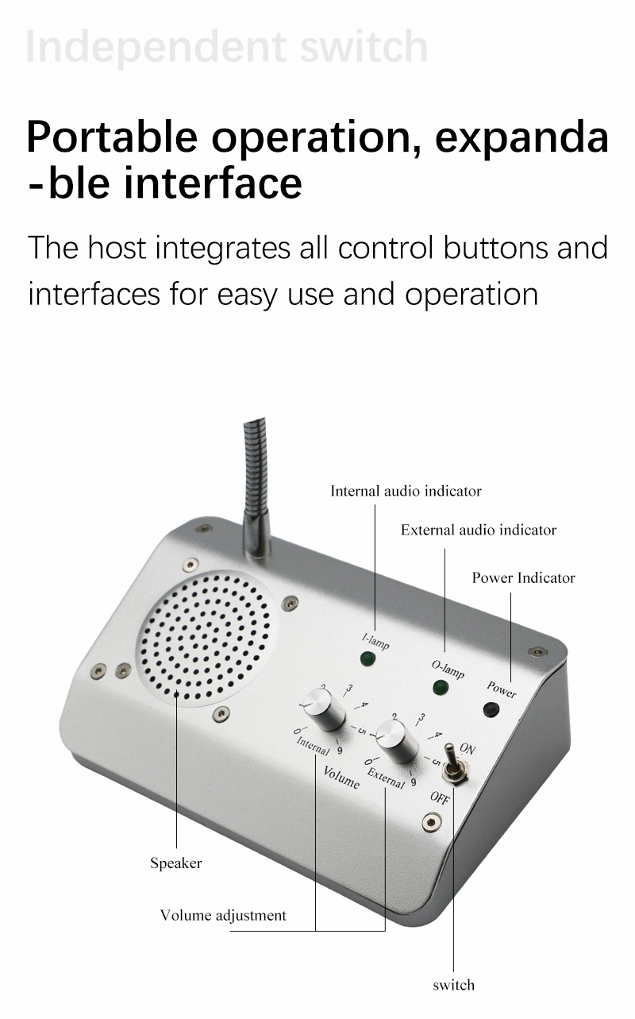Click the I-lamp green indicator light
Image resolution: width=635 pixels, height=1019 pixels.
(368, 658)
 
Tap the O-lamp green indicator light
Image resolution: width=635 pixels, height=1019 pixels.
(440, 687)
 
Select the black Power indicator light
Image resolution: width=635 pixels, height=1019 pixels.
(491, 709)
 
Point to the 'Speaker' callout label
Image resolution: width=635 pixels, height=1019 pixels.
(176, 863)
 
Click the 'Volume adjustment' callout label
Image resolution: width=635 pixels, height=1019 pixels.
(223, 915)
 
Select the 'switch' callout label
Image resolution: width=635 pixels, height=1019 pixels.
(454, 985)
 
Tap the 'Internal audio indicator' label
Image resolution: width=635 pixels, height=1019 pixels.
(406, 491)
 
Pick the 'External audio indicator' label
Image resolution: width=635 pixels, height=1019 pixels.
(479, 530)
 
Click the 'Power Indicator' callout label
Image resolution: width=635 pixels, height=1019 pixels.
(524, 577)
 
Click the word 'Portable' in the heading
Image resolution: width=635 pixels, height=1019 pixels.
(112, 137)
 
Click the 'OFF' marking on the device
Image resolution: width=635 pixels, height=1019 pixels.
(440, 798)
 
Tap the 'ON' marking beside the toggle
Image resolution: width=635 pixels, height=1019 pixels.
(468, 749)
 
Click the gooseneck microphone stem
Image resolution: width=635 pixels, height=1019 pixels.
(256, 486)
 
